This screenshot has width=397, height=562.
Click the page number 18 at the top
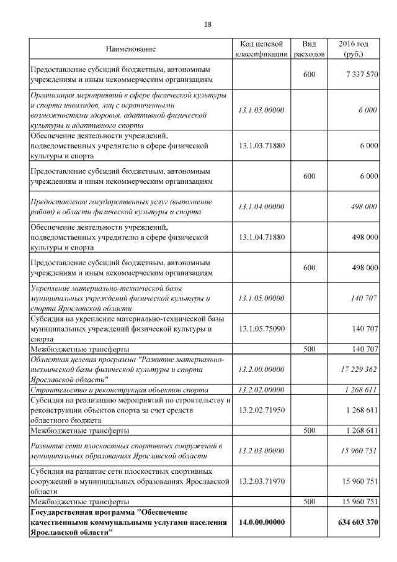(x=207, y=24)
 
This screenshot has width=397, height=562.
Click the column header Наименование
(x=130, y=49)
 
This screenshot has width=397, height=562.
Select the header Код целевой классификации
(x=261, y=49)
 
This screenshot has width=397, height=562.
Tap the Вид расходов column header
(x=309, y=49)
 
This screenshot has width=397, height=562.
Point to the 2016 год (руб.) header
(x=354, y=49)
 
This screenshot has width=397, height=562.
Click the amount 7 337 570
(x=359, y=75)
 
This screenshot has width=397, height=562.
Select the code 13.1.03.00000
(x=261, y=110)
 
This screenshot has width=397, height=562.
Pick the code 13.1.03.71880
(x=261, y=145)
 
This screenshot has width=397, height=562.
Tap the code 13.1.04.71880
(x=261, y=237)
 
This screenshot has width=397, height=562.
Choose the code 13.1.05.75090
(x=261, y=328)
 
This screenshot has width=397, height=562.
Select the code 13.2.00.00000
(x=261, y=369)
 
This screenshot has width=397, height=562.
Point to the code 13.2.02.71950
(x=261, y=410)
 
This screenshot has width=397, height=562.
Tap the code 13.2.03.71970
(x=261, y=481)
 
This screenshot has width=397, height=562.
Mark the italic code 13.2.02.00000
(x=261, y=389)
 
